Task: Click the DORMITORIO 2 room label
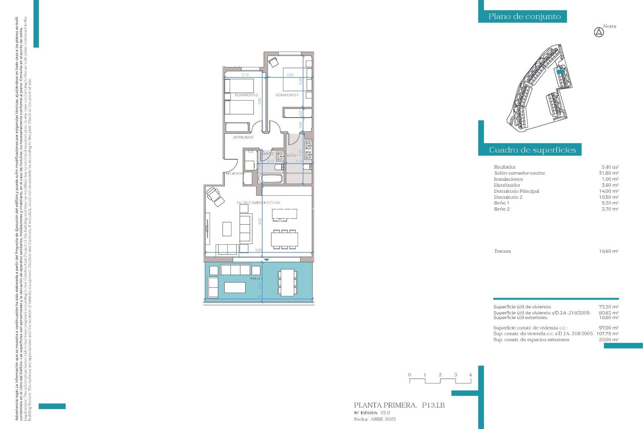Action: click(x=246, y=95)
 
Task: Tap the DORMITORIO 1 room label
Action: click(x=287, y=95)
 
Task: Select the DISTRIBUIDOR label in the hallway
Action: click(x=243, y=137)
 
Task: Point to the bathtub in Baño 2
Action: click(x=271, y=178)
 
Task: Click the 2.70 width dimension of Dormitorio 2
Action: click(x=245, y=75)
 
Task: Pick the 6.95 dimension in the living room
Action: click(x=259, y=250)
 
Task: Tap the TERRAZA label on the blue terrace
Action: click(x=256, y=279)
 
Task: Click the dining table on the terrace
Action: click(x=287, y=283)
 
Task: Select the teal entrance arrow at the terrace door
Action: click(x=266, y=260)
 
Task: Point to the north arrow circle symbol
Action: click(x=599, y=33)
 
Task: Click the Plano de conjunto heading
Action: click(x=524, y=16)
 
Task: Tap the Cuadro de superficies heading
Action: click(x=532, y=150)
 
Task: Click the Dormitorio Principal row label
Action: click(x=516, y=191)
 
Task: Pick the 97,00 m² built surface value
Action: click(x=609, y=328)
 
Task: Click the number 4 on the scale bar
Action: click(x=470, y=375)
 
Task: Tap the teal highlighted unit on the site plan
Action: click(x=561, y=71)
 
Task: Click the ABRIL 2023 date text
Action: click(x=383, y=419)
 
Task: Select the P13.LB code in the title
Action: click(x=433, y=405)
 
